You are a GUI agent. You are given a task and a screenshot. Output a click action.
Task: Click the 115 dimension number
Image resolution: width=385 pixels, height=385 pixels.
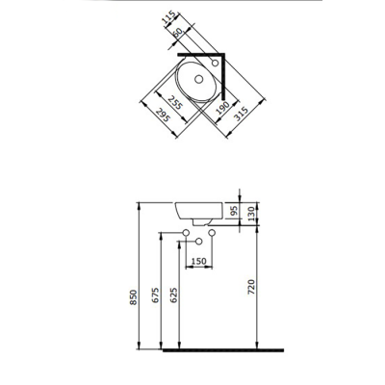[x=168, y=19]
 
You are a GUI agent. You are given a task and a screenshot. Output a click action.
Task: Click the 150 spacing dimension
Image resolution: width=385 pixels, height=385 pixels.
[x=198, y=260]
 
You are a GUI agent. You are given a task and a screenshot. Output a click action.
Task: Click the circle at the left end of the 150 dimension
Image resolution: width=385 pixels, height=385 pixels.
[x=186, y=235]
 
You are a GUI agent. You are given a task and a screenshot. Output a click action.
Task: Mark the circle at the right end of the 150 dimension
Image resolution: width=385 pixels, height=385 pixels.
[x=211, y=235]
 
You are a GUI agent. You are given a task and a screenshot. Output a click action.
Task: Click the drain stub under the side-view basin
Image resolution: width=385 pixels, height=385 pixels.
[x=197, y=224]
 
